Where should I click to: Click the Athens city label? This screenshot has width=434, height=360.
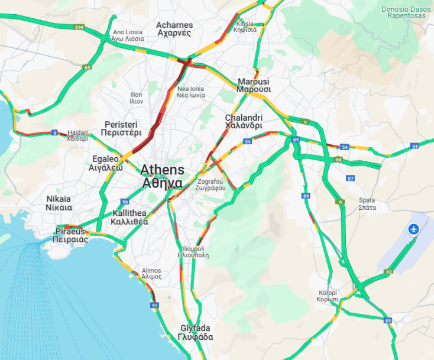pyautogui.click(x=162, y=176)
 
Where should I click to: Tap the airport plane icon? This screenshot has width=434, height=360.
pyautogui.click(x=413, y=229)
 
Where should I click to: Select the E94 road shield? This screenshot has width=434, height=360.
pyautogui.click(x=79, y=27)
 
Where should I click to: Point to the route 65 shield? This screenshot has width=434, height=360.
pyautogui.click(x=88, y=68)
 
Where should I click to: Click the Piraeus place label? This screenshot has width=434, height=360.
pyautogui.click(x=70, y=235)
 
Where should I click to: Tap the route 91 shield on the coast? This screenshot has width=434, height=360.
pyautogui.click(x=154, y=306)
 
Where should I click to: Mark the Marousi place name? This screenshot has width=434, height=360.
pyautogui.click(x=254, y=85)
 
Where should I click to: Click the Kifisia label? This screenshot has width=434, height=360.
pyautogui.click(x=245, y=27)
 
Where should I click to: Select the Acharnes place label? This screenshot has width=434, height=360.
pyautogui.click(x=174, y=29)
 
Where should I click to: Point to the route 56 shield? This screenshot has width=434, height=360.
pyautogui.click(x=125, y=202)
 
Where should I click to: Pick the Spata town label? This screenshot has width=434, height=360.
pyautogui.click(x=367, y=204)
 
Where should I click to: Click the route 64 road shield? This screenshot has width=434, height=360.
pyautogui.click(x=339, y=160)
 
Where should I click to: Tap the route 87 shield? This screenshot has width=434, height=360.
pyautogui.click(x=351, y=178)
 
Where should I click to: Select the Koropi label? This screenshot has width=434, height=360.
pyautogui.click(x=328, y=296)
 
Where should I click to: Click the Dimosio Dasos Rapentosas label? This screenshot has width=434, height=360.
pyautogui.click(x=404, y=12)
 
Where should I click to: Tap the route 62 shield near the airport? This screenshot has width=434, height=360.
pyautogui.click(x=388, y=272)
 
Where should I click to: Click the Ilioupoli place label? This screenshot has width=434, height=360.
pyautogui.click(x=193, y=252)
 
